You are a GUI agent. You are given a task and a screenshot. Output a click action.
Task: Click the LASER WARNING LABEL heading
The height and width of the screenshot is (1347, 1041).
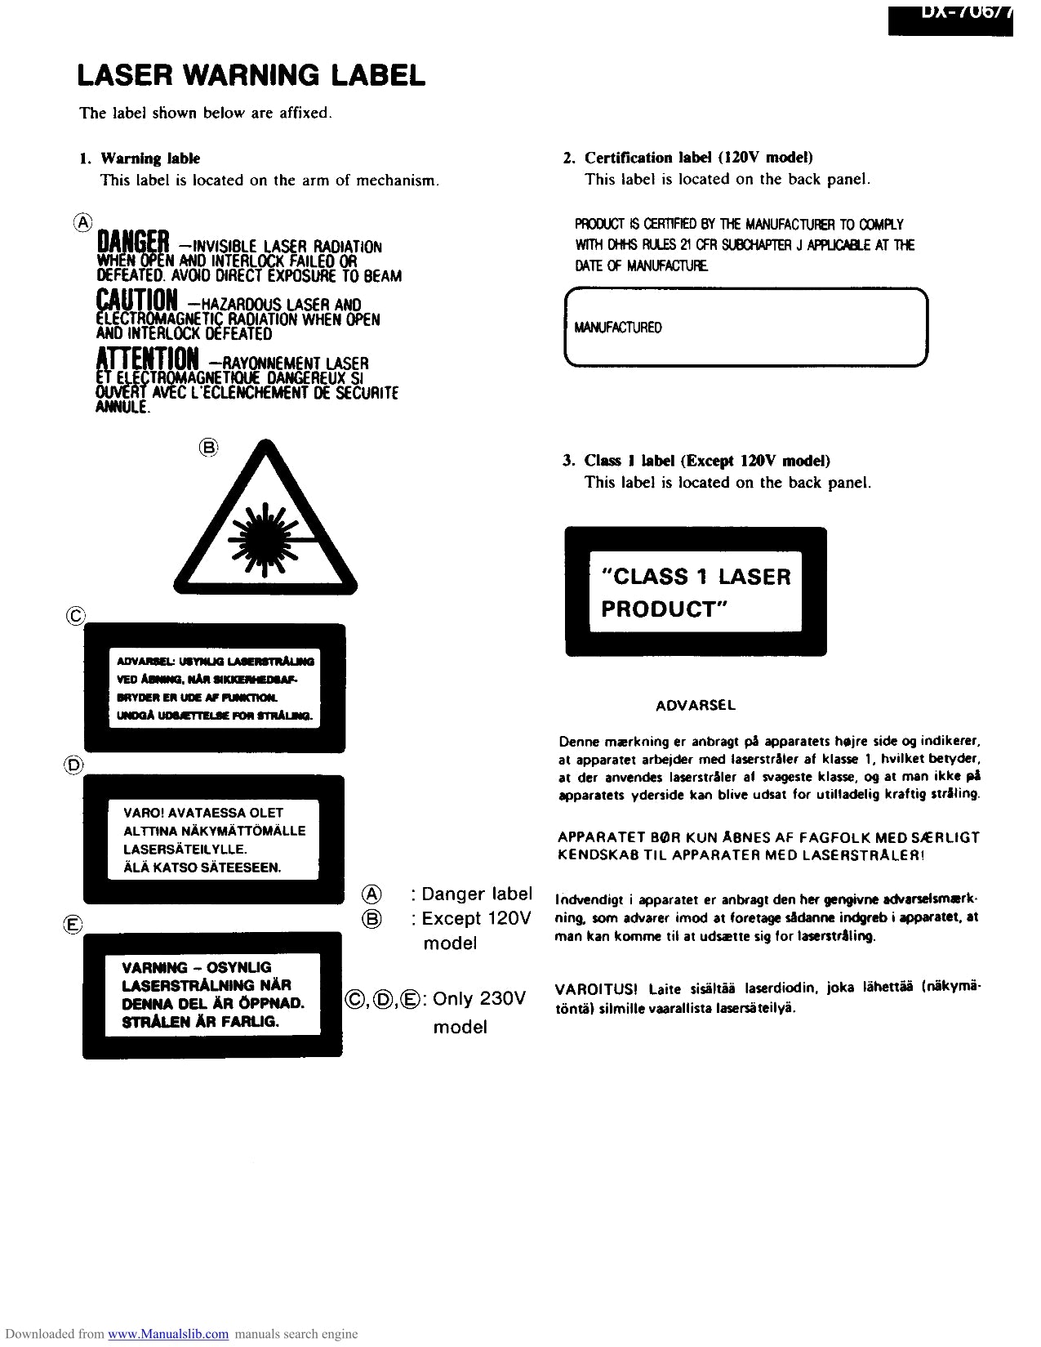click(x=251, y=76)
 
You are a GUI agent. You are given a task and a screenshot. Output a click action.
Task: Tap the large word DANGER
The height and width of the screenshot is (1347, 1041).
click(x=132, y=242)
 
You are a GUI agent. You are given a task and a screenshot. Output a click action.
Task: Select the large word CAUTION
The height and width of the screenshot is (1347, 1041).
click(x=136, y=300)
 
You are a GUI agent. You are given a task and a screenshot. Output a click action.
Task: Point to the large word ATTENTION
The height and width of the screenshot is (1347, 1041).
click(x=147, y=358)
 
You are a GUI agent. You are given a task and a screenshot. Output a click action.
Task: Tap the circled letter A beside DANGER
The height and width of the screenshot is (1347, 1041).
click(x=83, y=222)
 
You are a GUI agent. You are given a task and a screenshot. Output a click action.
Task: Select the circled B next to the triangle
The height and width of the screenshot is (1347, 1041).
click(x=210, y=447)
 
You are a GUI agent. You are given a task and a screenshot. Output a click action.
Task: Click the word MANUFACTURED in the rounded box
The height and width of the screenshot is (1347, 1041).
click(x=618, y=328)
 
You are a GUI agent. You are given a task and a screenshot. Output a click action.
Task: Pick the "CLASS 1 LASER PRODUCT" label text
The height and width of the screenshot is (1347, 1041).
click(x=696, y=592)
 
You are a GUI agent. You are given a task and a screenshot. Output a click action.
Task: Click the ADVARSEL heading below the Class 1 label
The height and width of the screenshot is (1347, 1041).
click(x=696, y=705)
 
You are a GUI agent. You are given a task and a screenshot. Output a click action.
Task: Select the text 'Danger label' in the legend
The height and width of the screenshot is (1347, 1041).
click(x=477, y=894)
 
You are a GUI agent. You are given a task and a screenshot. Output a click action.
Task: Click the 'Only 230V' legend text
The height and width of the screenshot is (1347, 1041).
click(x=479, y=998)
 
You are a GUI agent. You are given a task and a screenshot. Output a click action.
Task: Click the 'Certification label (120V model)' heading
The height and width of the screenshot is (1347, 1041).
click(x=698, y=158)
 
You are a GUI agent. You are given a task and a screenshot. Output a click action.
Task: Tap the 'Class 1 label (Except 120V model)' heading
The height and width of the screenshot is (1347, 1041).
click(x=707, y=461)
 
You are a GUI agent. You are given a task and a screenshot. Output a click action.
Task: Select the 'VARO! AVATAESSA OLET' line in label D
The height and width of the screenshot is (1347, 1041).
click(x=203, y=813)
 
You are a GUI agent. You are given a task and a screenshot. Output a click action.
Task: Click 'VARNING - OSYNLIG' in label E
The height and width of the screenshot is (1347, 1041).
click(x=196, y=967)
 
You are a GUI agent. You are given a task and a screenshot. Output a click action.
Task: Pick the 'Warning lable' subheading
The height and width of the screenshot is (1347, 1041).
click(x=149, y=158)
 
